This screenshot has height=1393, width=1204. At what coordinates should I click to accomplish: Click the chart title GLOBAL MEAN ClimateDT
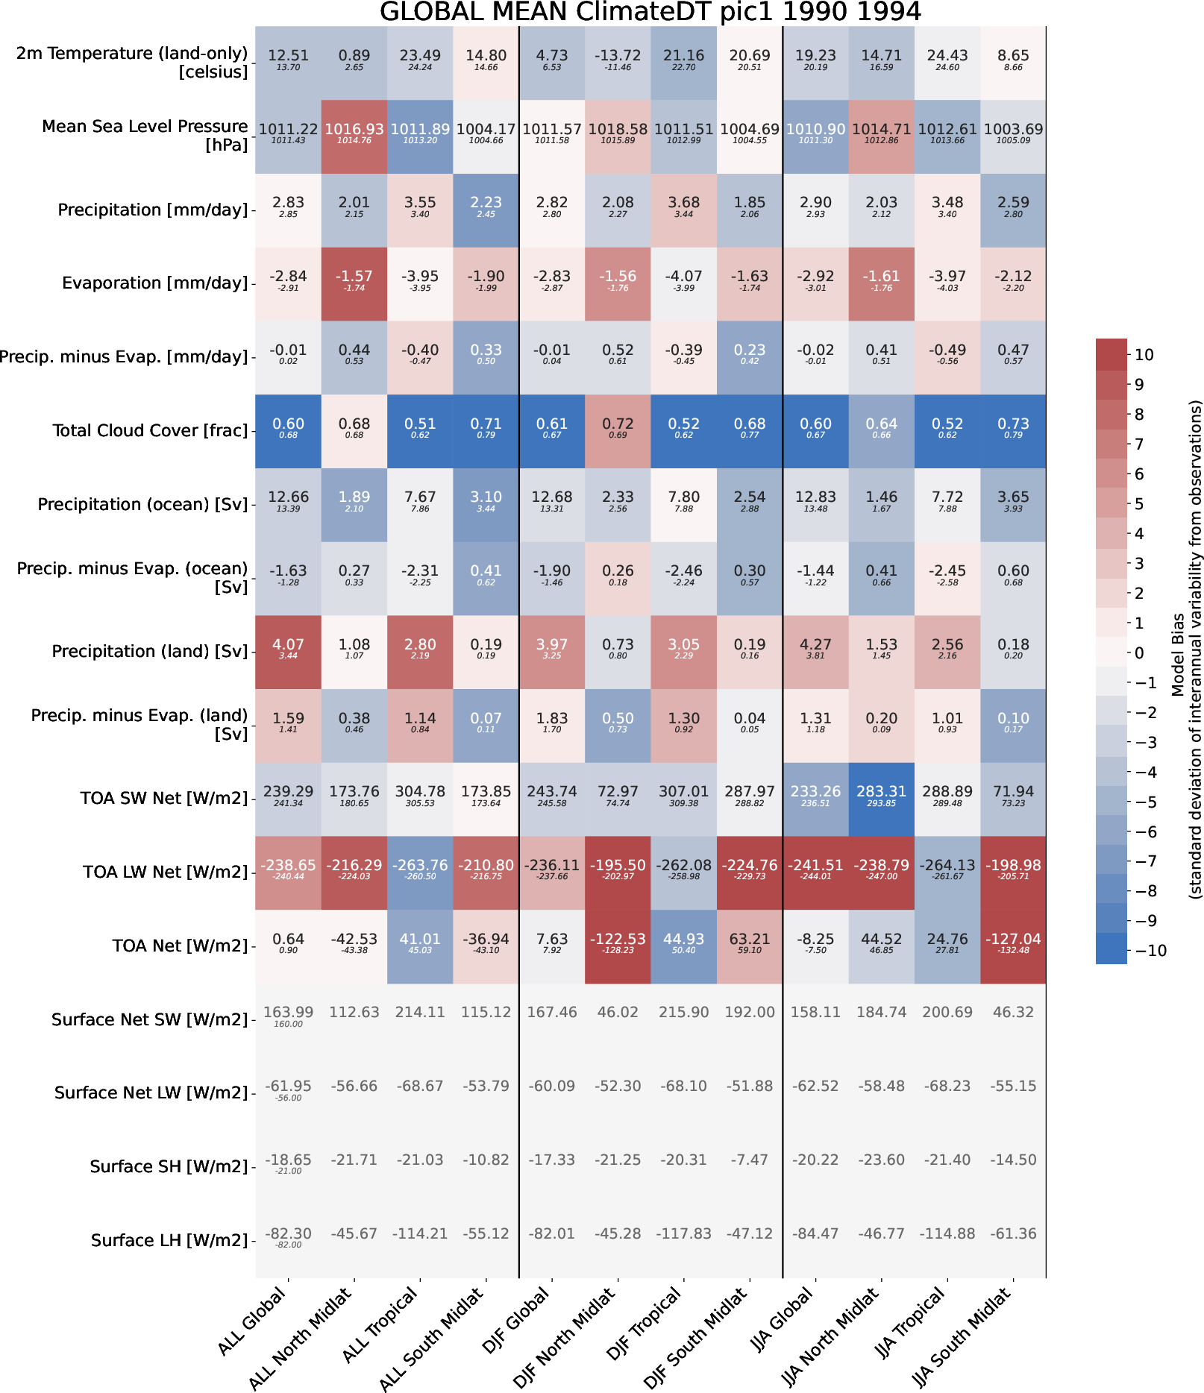(x=650, y=12)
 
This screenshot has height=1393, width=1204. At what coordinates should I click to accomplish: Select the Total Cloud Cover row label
(x=150, y=431)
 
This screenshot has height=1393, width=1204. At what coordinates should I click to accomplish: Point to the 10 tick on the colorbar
(x=1144, y=355)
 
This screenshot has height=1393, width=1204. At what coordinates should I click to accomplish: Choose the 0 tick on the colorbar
(x=1139, y=653)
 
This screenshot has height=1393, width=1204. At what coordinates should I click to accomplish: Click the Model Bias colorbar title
(x=1186, y=649)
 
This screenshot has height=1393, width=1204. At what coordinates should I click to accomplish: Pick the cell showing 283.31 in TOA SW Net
(x=881, y=798)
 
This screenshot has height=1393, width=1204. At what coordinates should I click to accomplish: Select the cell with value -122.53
(x=618, y=946)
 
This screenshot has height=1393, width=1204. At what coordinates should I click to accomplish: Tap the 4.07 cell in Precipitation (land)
(x=288, y=651)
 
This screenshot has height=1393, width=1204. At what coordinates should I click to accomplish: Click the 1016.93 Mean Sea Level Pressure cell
(x=354, y=135)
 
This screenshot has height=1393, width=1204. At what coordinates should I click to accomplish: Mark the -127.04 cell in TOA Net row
(x=1013, y=946)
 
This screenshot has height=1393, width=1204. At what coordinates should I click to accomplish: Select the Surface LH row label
(x=169, y=1241)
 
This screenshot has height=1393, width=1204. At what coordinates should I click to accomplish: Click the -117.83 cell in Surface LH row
(x=683, y=1233)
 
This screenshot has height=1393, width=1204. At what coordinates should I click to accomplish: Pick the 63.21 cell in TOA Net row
(x=750, y=946)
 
